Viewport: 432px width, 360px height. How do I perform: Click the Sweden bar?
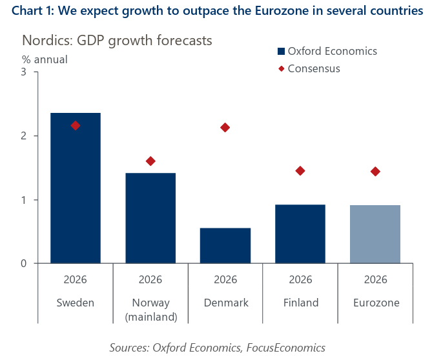click(76, 188)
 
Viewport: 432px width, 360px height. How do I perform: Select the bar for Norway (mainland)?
click(150, 218)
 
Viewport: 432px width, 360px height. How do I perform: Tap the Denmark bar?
click(225, 245)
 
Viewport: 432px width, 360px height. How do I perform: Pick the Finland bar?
click(300, 234)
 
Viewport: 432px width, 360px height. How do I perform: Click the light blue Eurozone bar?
click(375, 234)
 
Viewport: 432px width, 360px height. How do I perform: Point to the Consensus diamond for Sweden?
click(76, 125)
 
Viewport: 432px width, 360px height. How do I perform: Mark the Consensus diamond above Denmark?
click(225, 127)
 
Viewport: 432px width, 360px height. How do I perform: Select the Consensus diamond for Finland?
click(300, 170)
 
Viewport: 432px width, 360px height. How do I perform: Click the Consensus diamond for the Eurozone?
click(375, 171)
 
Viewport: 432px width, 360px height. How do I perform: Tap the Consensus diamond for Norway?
click(150, 161)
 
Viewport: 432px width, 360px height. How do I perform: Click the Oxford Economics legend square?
click(281, 52)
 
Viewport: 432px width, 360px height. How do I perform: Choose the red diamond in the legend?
click(281, 68)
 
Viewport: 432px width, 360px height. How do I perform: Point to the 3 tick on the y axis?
click(23, 72)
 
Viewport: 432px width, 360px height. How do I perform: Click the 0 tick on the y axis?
click(23, 263)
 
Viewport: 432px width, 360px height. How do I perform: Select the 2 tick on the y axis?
click(23, 135)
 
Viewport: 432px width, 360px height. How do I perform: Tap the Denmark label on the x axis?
click(225, 303)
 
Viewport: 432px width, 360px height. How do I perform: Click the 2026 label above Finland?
click(300, 280)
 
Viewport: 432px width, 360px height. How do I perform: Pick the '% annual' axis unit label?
click(45, 59)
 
